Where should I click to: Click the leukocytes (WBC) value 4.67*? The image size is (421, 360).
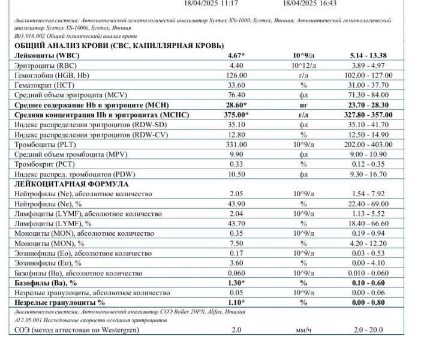[239, 55]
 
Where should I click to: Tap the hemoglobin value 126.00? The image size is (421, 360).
[238, 75]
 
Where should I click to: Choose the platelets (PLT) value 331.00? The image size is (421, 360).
[238, 145]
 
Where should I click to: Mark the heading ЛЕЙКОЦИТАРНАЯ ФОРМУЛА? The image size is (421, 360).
[64, 184]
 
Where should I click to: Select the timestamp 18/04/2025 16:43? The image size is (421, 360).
[309, 4]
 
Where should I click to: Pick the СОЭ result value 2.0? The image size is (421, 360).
[236, 329]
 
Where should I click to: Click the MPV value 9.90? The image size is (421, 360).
[238, 154]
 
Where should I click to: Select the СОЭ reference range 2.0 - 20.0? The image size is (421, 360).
[368, 329]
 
